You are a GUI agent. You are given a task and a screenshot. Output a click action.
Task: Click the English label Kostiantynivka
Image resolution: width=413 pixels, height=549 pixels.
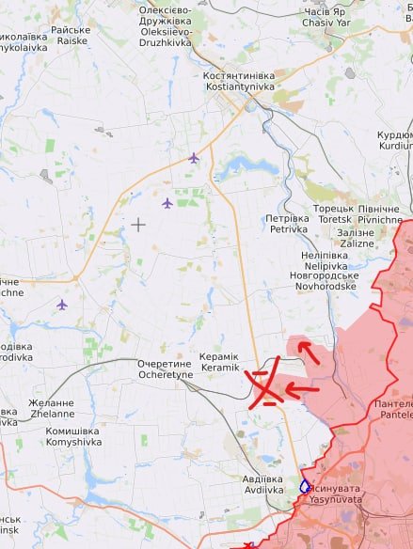coord(238,86)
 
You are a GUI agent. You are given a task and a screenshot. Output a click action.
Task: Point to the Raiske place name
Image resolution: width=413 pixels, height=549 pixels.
coord(72,41)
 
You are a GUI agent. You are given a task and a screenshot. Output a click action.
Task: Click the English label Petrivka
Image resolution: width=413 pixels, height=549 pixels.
coord(289,228)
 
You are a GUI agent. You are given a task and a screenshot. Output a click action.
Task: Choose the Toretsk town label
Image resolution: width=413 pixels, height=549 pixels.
coord(334,219)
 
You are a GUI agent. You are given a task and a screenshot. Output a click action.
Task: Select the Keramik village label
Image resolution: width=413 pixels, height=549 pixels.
coord(219,368)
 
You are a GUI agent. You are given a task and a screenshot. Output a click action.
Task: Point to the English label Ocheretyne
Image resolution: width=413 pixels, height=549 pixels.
coord(165,374)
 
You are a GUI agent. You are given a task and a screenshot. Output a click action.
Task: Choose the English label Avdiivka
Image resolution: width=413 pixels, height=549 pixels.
coord(264,490)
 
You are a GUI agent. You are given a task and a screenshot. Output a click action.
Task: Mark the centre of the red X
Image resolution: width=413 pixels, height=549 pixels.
coord(264,387)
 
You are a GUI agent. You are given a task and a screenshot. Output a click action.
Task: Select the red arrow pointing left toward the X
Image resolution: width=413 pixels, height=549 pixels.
coord(301,388)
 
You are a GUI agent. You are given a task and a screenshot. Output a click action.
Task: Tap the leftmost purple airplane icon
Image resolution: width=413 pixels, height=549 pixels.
coord(62,305)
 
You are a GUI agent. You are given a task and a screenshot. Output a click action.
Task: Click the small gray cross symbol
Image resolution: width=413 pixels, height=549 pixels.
coord(138,224)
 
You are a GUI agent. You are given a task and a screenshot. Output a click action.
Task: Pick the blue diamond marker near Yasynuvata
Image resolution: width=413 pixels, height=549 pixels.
coord(305,486)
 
